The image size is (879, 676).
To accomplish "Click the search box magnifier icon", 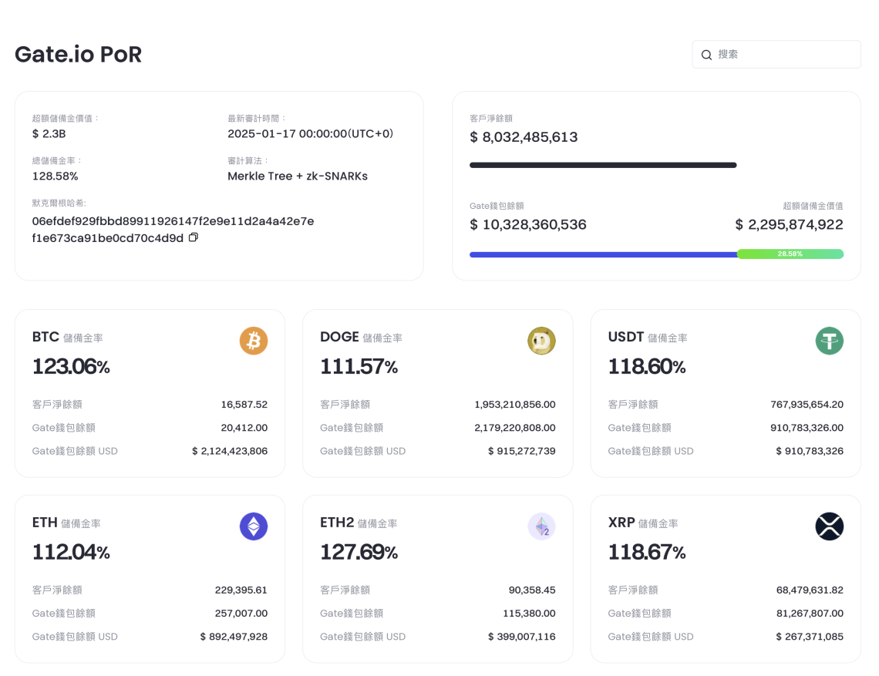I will (706, 55).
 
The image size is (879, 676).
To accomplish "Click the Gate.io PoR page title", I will (78, 55).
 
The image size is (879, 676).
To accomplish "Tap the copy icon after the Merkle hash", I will (194, 237).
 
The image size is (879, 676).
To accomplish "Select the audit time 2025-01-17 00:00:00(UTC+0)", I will (310, 133).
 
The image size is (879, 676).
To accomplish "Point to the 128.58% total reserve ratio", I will (55, 176).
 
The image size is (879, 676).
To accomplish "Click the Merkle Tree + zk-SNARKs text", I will (298, 176).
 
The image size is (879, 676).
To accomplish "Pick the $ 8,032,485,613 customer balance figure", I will (524, 137).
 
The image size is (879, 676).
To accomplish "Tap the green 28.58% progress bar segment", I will (790, 254).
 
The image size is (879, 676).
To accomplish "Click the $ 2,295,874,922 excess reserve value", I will (789, 224).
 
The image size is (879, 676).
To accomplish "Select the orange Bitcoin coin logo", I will (254, 340).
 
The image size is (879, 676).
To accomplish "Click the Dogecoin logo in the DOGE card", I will (541, 340).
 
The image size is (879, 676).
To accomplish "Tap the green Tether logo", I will (830, 340).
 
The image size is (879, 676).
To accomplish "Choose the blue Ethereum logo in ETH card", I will (254, 526).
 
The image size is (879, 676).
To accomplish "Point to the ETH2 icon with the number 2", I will (541, 526).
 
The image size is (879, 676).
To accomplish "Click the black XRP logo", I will (830, 526).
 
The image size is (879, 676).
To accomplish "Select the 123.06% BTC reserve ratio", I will (71, 367).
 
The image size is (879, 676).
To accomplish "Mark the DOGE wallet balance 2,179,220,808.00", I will (515, 428).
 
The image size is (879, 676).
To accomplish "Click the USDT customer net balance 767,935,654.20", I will (807, 404).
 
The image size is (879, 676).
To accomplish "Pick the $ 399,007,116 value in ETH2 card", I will (521, 637).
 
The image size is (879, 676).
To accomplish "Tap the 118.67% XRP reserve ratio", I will (647, 553).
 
